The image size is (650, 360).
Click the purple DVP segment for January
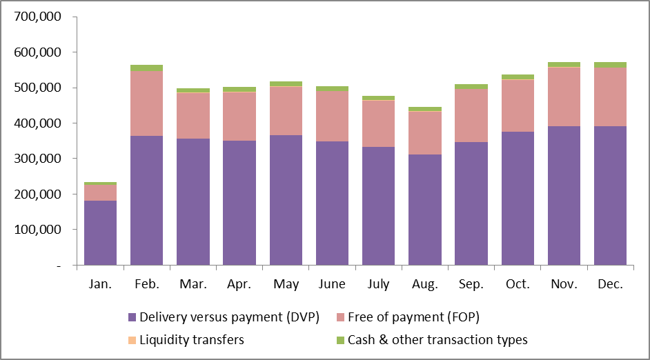coord(100,232)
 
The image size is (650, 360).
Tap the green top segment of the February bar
coord(146,68)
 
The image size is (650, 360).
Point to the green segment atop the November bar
coord(564,64)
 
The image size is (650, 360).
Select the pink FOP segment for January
coord(100,192)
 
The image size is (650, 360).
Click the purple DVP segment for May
coord(286,200)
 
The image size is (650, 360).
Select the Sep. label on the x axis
coord(471,284)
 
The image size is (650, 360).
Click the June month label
coord(332,284)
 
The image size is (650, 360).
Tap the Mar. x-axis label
coord(193,284)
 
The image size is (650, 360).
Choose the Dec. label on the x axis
coord(610,284)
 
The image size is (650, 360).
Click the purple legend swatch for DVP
coord(132,318)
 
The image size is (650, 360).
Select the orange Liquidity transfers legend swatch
coord(132,339)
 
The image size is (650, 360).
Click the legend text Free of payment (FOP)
coord(413,318)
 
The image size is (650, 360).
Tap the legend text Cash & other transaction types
coord(437,339)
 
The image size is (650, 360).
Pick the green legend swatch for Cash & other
coord(340,339)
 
